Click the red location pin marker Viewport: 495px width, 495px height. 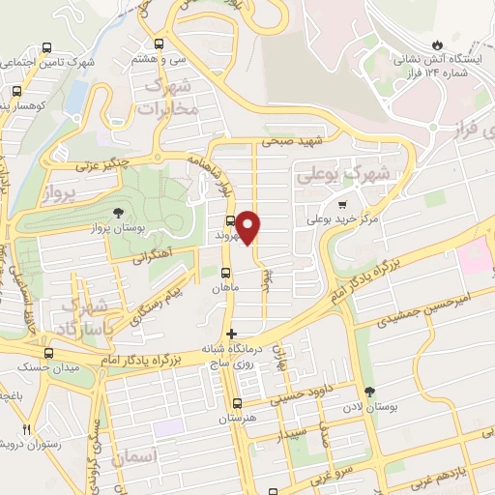pos(249,225)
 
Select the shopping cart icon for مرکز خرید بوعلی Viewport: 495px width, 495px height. pos(342,204)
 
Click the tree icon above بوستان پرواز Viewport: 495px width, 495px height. pos(118,212)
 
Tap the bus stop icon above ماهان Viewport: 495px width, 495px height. pos(226,273)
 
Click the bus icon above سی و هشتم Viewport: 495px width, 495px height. pos(159,44)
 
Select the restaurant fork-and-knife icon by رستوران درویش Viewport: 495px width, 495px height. pos(28,429)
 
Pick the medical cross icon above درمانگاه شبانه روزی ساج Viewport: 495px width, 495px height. pos(230,334)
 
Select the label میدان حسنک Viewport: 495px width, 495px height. pos(44,366)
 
